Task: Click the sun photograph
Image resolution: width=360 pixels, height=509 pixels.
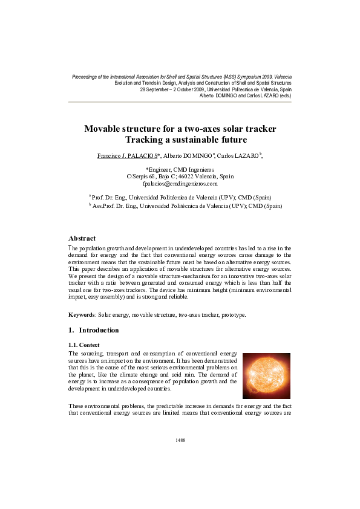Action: tap(266, 375)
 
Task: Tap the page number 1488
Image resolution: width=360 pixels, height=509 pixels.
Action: tap(180, 440)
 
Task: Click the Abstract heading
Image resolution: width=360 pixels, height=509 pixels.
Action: tap(82, 238)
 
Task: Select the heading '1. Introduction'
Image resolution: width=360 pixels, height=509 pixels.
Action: tap(94, 330)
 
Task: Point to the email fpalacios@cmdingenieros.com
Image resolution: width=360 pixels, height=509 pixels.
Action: tap(180, 183)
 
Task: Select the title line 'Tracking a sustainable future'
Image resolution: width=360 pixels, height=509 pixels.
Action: tap(180, 140)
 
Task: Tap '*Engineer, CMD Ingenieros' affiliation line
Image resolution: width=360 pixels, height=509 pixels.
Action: tap(180, 169)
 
